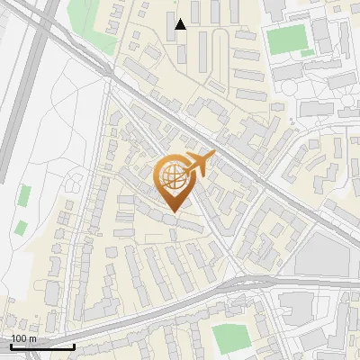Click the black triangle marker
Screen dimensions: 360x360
point(180,24)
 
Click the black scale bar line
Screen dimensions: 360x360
point(42,346)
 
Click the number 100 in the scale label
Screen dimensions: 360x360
point(18,338)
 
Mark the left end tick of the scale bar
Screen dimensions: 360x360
point(11,346)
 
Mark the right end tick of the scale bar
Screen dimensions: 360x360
point(74,346)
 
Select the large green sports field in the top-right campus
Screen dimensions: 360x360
point(288,39)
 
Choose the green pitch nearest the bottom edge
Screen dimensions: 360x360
point(230,337)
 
